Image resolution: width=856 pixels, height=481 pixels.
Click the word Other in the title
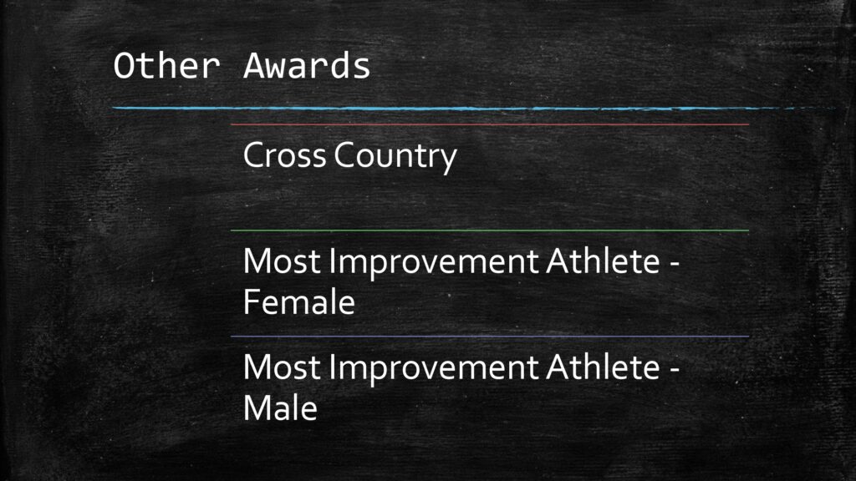click(166, 65)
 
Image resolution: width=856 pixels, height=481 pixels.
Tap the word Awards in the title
click(307, 65)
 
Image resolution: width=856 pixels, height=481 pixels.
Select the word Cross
click(284, 154)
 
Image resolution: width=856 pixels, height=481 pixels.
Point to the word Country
click(395, 157)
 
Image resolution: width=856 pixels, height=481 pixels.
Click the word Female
click(298, 302)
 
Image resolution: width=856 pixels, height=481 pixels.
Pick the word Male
click(280, 408)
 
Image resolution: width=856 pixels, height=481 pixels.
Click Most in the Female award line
click(281, 261)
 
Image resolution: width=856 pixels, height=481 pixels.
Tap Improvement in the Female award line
click(434, 263)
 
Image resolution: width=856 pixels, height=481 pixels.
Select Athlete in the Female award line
click(603, 261)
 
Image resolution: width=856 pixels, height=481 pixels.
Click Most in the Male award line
click(281, 367)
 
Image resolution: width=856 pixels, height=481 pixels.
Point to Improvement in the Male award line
click(434, 369)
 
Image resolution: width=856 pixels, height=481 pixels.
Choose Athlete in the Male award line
click(603, 367)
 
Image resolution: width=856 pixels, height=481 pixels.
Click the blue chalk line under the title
click(474, 109)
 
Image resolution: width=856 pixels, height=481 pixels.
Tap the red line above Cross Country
click(490, 125)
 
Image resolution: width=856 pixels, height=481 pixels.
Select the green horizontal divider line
click(490, 230)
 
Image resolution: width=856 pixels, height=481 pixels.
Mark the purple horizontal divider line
click(490, 337)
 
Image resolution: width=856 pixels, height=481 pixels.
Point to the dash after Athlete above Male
click(675, 370)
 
